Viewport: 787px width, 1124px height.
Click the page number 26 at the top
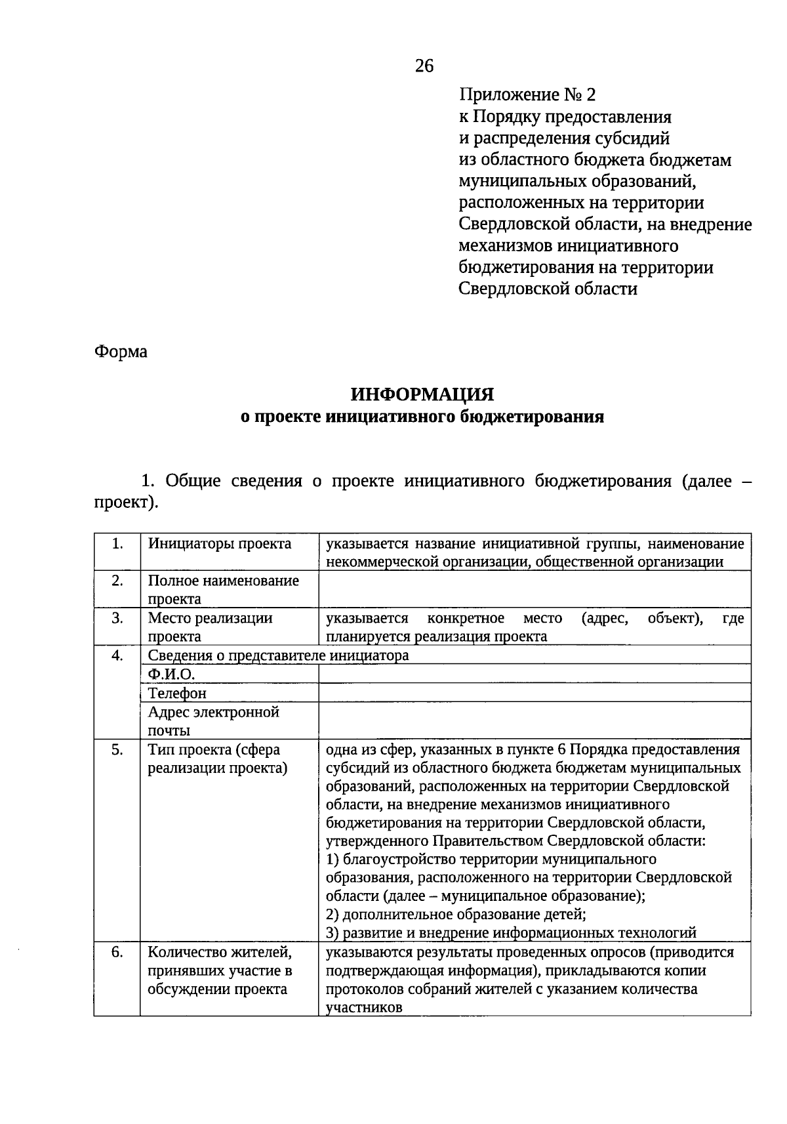tap(424, 66)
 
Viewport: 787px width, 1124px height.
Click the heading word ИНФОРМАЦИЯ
tap(422, 394)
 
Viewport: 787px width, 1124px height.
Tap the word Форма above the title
tap(121, 352)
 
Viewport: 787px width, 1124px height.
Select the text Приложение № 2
tap(527, 95)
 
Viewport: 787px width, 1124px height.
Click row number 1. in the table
tap(117, 544)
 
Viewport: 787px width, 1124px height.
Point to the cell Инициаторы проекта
tap(220, 544)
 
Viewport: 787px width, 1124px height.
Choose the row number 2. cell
tap(117, 581)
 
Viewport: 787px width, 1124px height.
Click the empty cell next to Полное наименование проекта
tap(534, 589)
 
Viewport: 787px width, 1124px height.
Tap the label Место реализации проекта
tap(210, 627)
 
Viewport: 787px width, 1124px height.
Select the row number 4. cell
tap(117, 656)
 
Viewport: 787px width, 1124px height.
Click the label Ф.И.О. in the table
tap(172, 675)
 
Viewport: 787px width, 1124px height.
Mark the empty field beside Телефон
tap(534, 693)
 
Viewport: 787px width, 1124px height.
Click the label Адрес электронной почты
tap(214, 720)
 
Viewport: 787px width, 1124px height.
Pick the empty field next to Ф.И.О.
tap(534, 674)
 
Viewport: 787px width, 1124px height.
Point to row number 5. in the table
tap(117, 750)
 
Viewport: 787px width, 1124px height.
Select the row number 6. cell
tap(117, 952)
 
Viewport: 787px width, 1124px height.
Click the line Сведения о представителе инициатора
tap(278, 656)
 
